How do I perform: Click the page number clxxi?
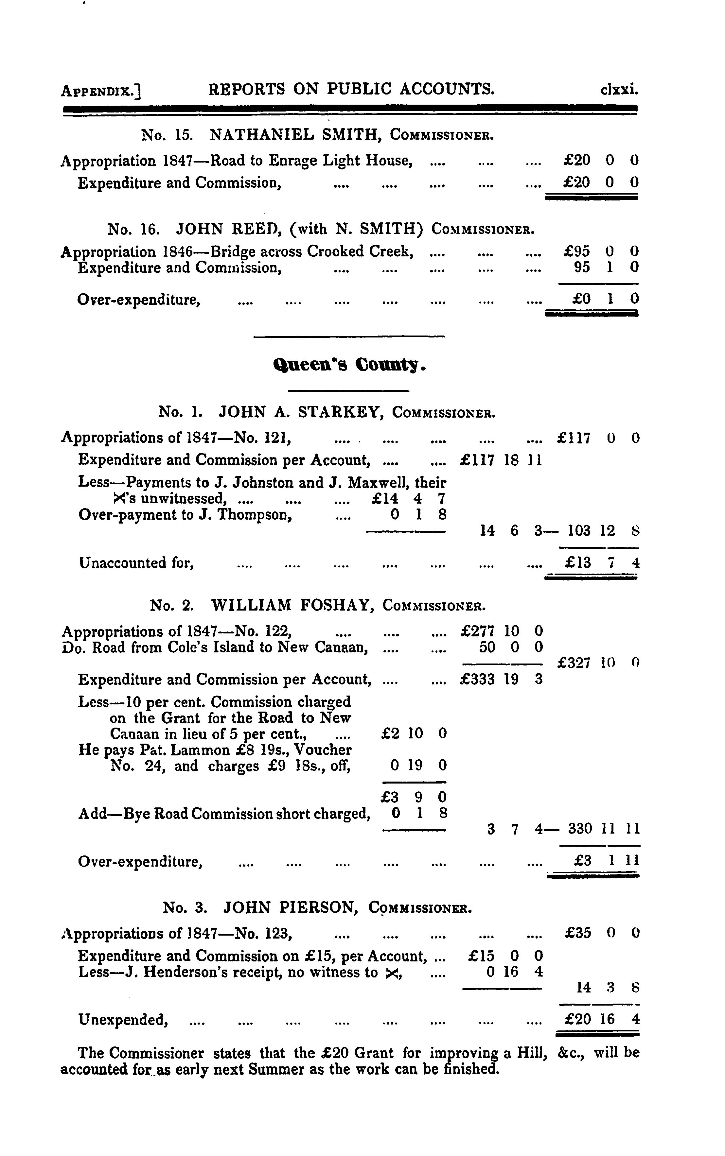(x=619, y=90)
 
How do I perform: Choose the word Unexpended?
(x=123, y=1019)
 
